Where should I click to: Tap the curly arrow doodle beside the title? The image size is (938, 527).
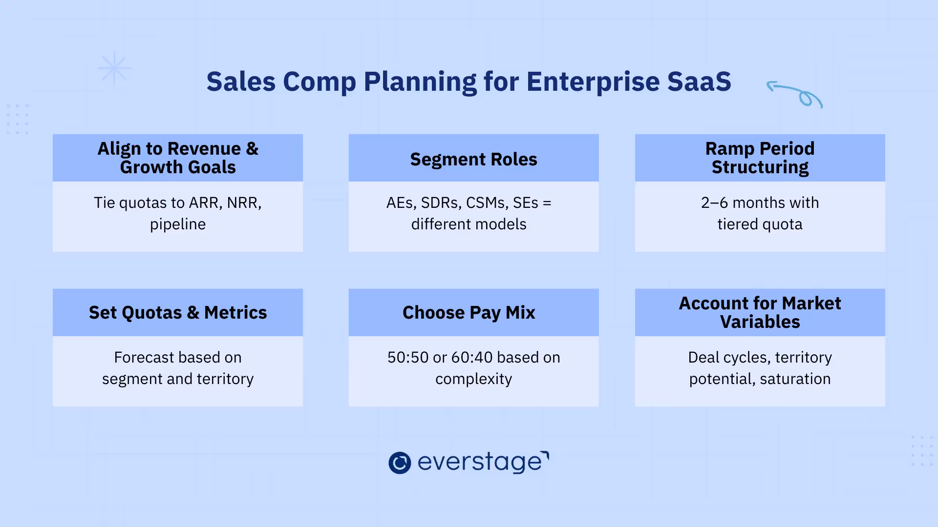click(x=796, y=94)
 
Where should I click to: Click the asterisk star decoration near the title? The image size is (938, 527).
click(x=114, y=68)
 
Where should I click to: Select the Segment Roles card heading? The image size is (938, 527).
click(x=473, y=159)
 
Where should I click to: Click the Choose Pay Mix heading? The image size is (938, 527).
click(x=469, y=312)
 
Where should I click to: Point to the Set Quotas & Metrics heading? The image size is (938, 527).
click(x=178, y=312)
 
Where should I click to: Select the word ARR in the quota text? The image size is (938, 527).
click(x=205, y=203)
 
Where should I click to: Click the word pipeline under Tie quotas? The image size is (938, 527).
click(x=178, y=224)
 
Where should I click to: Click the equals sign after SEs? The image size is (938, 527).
click(x=547, y=203)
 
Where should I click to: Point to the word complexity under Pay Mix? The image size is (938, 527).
click(x=473, y=379)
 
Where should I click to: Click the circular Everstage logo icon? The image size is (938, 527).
click(x=400, y=463)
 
